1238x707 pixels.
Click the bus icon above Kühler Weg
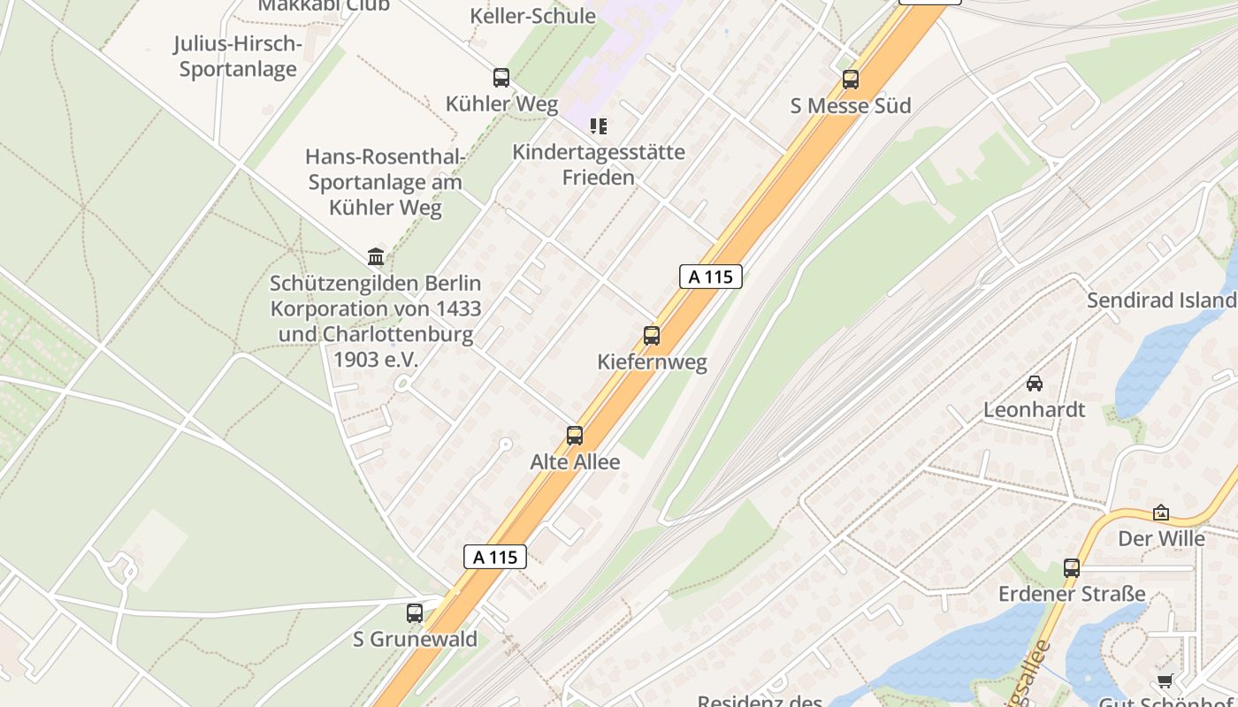pos(501,78)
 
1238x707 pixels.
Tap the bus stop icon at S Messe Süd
pos(851,80)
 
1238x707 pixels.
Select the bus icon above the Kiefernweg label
pos(652,336)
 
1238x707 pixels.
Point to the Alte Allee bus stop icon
pos(575,436)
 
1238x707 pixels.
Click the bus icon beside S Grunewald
pos(415,613)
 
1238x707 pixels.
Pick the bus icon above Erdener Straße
pos(1072,568)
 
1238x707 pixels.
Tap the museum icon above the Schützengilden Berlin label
pos(376,257)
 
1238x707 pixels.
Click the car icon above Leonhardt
pos(1034,384)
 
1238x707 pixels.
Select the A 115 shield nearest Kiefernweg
pos(710,277)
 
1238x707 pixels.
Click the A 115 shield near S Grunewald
pos(495,557)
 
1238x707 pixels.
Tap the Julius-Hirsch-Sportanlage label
pos(238,57)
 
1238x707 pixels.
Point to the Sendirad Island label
pos(1161,300)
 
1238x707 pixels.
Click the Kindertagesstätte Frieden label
pos(599,164)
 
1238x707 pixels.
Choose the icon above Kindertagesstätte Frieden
pos(599,126)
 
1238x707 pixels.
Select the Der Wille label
pos(1161,538)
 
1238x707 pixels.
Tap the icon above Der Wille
pos(1161,513)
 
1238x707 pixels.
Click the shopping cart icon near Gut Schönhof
pos(1165,680)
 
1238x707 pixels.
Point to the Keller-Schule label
pos(532,15)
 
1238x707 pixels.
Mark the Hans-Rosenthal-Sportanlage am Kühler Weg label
pos(385,182)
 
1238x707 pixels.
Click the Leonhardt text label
pos(1034,410)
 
